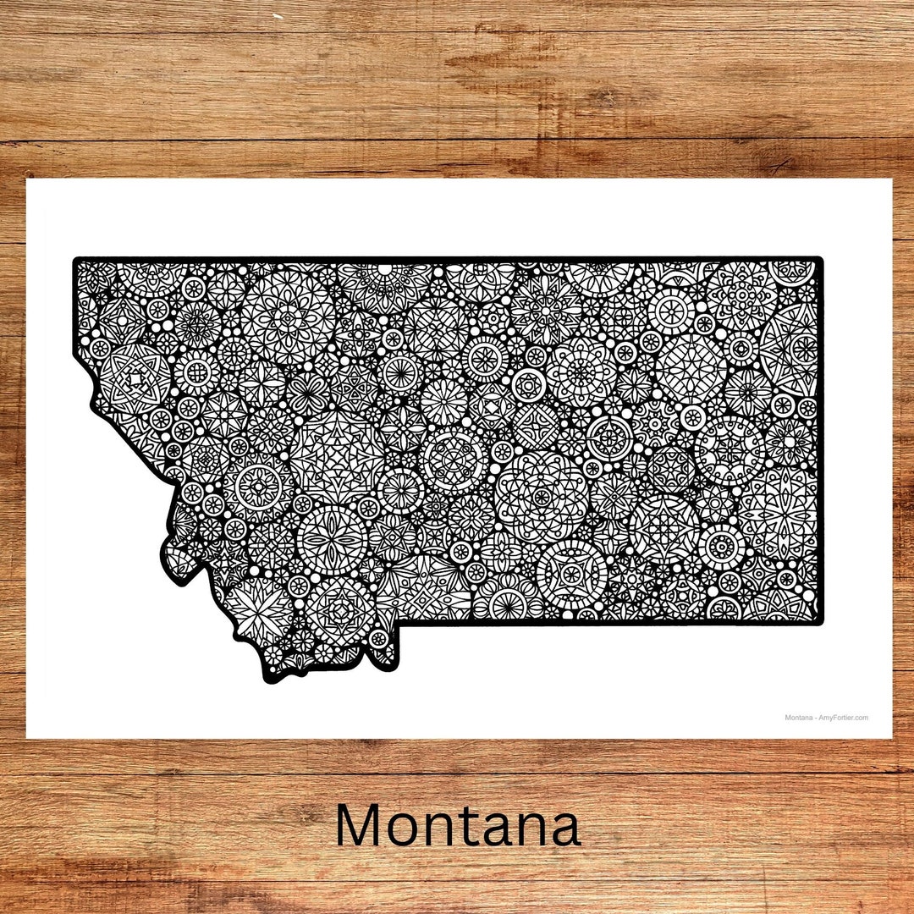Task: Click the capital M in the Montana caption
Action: (361, 826)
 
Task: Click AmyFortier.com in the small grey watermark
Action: (844, 718)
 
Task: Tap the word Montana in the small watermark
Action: (799, 718)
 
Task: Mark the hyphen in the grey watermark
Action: (817, 718)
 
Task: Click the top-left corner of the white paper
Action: (26, 179)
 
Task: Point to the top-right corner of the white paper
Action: (892, 179)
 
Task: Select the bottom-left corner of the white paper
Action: (26, 738)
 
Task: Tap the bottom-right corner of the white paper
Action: (892, 738)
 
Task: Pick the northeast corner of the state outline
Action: (820, 260)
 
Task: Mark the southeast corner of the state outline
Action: (820, 623)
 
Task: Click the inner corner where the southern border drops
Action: (399, 624)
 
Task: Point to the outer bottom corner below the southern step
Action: (395, 668)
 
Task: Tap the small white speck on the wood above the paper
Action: (276, 16)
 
